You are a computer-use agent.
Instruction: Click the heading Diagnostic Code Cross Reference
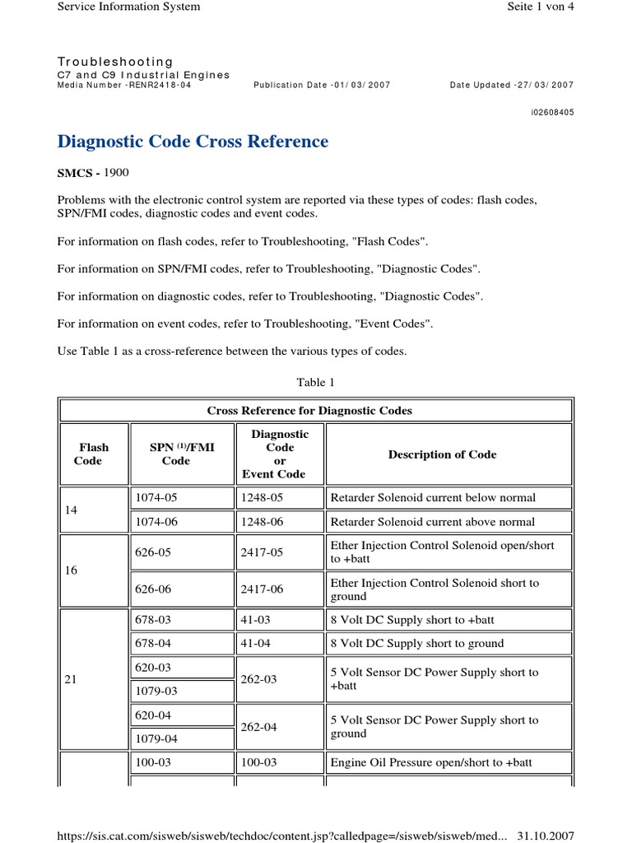pos(193,142)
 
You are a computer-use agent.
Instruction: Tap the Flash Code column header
pos(94,454)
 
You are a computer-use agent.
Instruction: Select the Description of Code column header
pos(442,454)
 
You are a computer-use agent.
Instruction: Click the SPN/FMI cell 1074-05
pos(153,497)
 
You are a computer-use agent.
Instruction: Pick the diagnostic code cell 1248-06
pos(261,522)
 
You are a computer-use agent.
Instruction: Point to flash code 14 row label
pos(71,510)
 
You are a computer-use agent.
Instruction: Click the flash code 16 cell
pos(71,570)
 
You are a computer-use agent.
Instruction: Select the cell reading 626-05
pos(153,552)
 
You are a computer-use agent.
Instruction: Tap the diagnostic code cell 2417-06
pos(261,589)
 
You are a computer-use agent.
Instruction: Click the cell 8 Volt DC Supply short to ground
pos(416,644)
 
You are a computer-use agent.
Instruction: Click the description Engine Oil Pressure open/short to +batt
pos(430,763)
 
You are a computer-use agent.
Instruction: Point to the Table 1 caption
pos(316,382)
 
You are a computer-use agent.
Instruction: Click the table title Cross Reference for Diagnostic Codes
pos(309,411)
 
